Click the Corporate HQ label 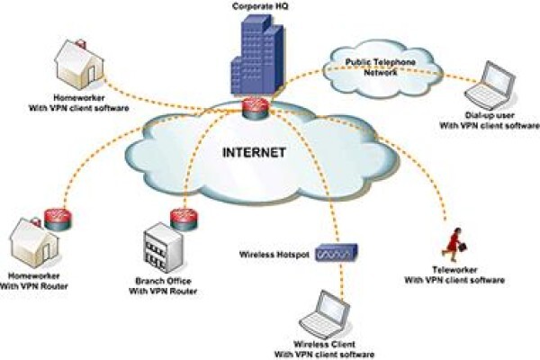(x=260, y=6)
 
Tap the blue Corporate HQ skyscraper (x=257, y=55)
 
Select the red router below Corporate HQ (x=255, y=108)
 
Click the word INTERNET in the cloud (x=254, y=152)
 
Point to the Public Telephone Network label (x=381, y=67)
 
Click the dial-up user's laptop (x=490, y=85)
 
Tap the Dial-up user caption (x=490, y=121)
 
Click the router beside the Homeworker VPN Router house (x=58, y=219)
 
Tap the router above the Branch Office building (x=184, y=219)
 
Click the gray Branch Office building (x=163, y=247)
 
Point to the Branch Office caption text (x=163, y=286)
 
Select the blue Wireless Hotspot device (x=337, y=253)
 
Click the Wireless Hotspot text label (x=274, y=255)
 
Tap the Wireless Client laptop (x=324, y=314)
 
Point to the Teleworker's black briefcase (x=463, y=246)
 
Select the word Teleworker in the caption (x=454, y=270)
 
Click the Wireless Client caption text (x=324, y=349)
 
